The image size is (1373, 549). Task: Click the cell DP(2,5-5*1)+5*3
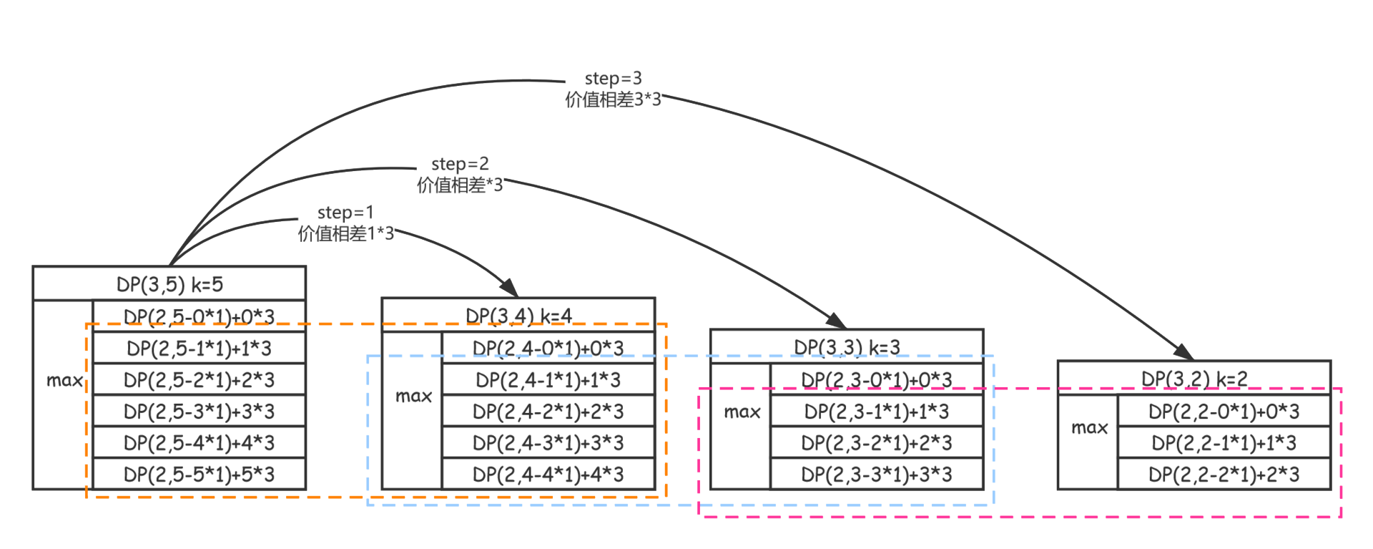(199, 475)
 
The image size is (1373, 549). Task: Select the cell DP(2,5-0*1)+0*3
(199, 317)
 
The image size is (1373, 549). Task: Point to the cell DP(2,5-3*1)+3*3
(199, 412)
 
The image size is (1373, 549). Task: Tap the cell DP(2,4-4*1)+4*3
(548, 475)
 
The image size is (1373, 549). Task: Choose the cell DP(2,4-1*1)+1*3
(548, 380)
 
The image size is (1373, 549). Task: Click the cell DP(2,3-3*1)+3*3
(877, 475)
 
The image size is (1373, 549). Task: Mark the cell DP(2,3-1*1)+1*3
(877, 412)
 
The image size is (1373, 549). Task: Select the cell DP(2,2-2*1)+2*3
(1224, 475)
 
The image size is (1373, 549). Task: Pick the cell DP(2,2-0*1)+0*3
(1224, 412)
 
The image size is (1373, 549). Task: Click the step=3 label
(613, 79)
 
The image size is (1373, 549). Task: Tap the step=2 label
(460, 164)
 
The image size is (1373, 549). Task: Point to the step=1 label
(345, 213)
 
